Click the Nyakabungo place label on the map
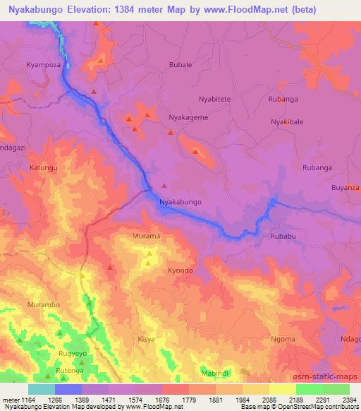pos(181,202)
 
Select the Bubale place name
pos(180,64)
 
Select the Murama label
pos(147,235)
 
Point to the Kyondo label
pos(180,270)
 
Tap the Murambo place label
pos(40,304)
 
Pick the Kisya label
pos(146,339)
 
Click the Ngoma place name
pos(283,339)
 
